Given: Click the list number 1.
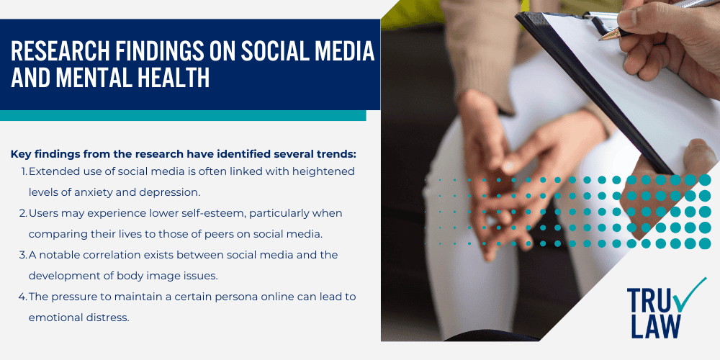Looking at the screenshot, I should pos(24,171).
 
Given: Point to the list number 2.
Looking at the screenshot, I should pos(24,213).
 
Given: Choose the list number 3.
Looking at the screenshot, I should pos(24,255).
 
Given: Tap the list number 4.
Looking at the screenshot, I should pos(24,297).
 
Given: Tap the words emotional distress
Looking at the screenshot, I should pos(79,318).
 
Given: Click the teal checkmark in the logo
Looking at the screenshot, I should pos(692,295).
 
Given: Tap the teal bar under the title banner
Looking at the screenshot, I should pos(183,115).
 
